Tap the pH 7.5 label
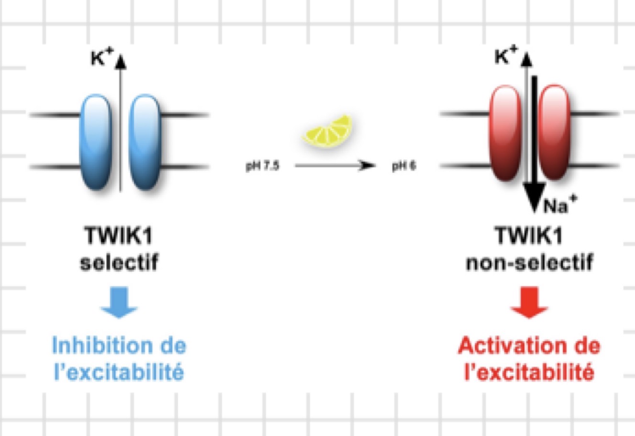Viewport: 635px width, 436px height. pyautogui.click(x=262, y=166)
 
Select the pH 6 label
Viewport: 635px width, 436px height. pyautogui.click(x=404, y=166)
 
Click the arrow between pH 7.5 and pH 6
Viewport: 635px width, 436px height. pyautogui.click(x=335, y=166)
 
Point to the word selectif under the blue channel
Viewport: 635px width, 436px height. pyautogui.click(x=119, y=262)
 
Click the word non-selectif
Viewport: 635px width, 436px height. pyautogui.click(x=529, y=262)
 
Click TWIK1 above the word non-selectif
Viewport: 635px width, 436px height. pyautogui.click(x=529, y=235)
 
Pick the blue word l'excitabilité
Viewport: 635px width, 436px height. pyautogui.click(x=119, y=371)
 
